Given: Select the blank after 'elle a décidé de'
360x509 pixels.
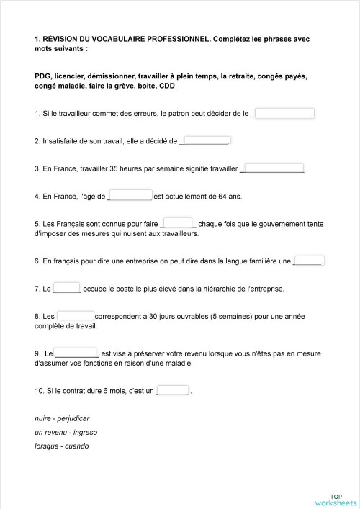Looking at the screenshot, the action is (204, 140).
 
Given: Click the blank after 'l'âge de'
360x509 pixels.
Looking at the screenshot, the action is (130, 195).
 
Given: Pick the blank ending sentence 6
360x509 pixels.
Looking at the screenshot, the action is (309, 261).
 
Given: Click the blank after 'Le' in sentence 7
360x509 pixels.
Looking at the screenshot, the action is (67, 289).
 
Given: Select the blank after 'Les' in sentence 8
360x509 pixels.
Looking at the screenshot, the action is (76, 316).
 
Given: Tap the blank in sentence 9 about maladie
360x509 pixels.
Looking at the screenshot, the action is (77, 353).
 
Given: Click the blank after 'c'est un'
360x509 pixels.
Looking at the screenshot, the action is (173, 391).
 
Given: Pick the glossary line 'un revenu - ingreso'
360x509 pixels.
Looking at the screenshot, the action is (66, 432).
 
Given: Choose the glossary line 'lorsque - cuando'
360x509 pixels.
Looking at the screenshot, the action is (61, 446).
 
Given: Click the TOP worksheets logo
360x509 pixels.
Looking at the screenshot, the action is (336, 499).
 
